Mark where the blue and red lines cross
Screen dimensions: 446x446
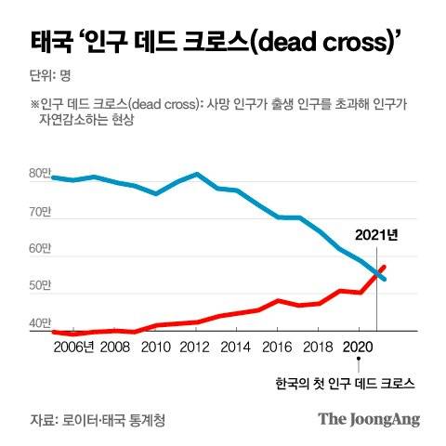tap(377, 272)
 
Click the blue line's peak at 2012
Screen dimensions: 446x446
tap(196, 174)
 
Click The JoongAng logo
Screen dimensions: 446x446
tap(369, 418)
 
